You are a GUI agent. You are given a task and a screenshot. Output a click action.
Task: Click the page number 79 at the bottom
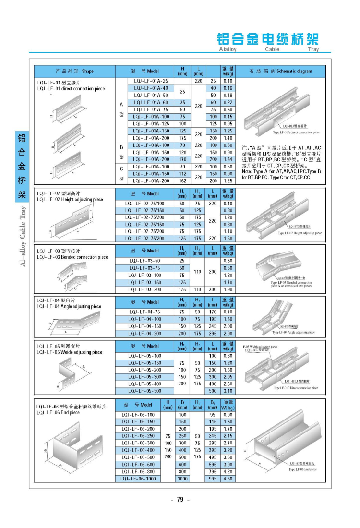(x=180, y=500)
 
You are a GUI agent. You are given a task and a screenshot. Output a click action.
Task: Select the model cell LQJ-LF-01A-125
(x=151, y=123)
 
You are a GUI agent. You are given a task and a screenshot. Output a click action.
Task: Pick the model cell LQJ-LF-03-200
(x=144, y=289)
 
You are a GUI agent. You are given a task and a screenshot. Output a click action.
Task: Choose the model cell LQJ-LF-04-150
(x=144, y=326)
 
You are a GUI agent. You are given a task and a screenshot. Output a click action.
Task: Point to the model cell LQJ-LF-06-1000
(x=138, y=479)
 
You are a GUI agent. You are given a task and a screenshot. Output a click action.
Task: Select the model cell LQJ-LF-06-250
(x=138, y=436)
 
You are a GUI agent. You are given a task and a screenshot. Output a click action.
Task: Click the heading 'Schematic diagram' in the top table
(x=294, y=71)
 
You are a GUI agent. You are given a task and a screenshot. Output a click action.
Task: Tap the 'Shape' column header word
(x=88, y=71)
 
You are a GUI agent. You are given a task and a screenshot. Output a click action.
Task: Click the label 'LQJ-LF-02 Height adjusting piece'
(x=70, y=199)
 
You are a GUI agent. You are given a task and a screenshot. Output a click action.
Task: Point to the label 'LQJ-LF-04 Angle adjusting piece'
(x=69, y=306)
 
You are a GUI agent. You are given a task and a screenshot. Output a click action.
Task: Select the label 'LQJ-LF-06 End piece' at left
(x=58, y=412)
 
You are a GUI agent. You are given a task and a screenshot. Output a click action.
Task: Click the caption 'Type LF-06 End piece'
(x=302, y=469)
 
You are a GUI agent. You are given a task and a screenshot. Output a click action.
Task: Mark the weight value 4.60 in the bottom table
(x=228, y=479)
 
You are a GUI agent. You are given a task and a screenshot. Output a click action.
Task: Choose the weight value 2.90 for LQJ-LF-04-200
(x=228, y=333)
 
